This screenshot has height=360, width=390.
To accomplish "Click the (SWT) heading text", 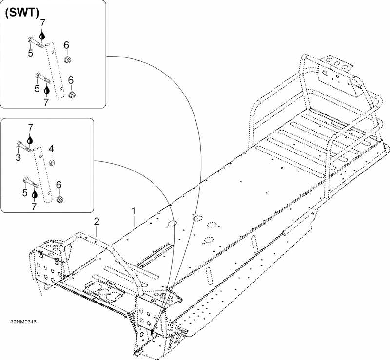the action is pyautogui.click(x=22, y=13).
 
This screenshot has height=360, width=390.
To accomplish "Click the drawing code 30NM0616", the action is pyautogui.click(x=23, y=322).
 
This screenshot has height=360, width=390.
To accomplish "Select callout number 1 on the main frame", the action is pyautogui.click(x=134, y=211).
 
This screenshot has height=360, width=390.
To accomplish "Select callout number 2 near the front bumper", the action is pyautogui.click(x=97, y=221).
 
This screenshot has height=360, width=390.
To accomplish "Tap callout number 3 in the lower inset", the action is pyautogui.click(x=18, y=157).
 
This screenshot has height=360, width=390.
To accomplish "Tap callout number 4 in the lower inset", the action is pyautogui.click(x=51, y=149).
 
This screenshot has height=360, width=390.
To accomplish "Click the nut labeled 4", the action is pyautogui.click(x=52, y=163).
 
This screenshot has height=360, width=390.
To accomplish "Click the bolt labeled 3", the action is pyautogui.click(x=24, y=147).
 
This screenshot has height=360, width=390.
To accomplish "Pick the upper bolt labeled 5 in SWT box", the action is pyautogui.click(x=36, y=42).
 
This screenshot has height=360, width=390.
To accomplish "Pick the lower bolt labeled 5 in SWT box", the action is pyautogui.click(x=43, y=78).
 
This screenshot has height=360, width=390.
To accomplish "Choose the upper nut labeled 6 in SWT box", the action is pyautogui.click(x=67, y=59).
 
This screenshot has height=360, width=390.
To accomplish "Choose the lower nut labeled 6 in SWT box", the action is pyautogui.click(x=72, y=95).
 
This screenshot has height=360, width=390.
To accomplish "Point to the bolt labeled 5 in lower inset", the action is pyautogui.click(x=31, y=182).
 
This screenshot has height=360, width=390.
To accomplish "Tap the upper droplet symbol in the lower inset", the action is pyautogui.click(x=30, y=140).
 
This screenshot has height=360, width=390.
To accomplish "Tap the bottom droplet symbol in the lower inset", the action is pyautogui.click(x=35, y=194).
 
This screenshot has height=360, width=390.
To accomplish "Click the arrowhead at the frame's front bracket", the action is pyautogui.click(x=152, y=332).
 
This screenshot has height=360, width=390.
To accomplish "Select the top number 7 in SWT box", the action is pyautogui.click(x=43, y=23).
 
